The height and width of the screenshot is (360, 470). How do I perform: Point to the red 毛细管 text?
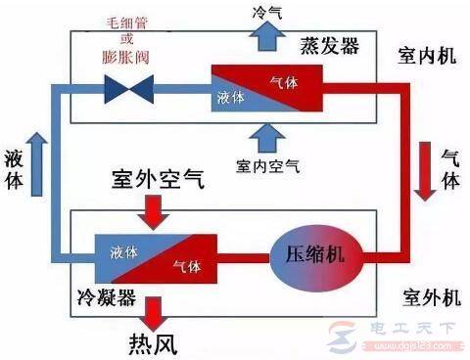coord(128,22)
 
